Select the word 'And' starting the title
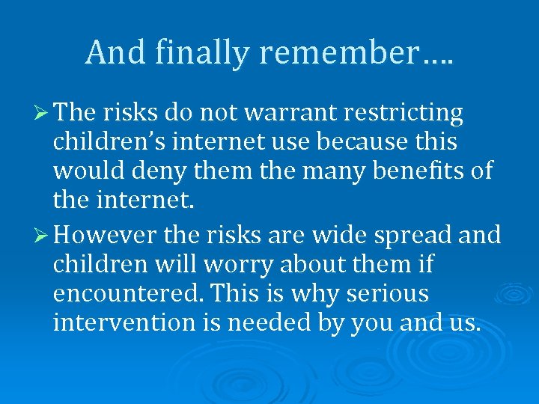click(x=110, y=52)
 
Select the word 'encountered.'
click(x=122, y=294)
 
